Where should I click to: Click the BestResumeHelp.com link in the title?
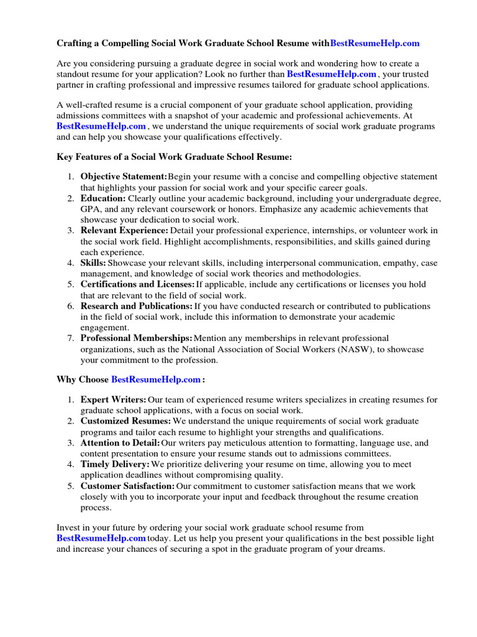[x=375, y=44]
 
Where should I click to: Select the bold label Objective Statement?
[x=124, y=177]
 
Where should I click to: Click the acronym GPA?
[x=91, y=209]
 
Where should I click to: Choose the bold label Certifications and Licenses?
[x=137, y=284]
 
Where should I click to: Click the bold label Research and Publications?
[x=136, y=306]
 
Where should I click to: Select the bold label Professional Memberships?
[x=137, y=338]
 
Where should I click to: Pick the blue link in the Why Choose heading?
[x=156, y=379]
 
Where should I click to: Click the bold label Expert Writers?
[x=114, y=399]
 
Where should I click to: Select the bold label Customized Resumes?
[x=126, y=421]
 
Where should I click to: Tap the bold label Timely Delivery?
[x=115, y=464]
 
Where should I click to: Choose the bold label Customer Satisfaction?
[x=127, y=486]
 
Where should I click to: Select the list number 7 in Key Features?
[x=71, y=338]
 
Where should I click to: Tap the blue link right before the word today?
[x=101, y=538]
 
